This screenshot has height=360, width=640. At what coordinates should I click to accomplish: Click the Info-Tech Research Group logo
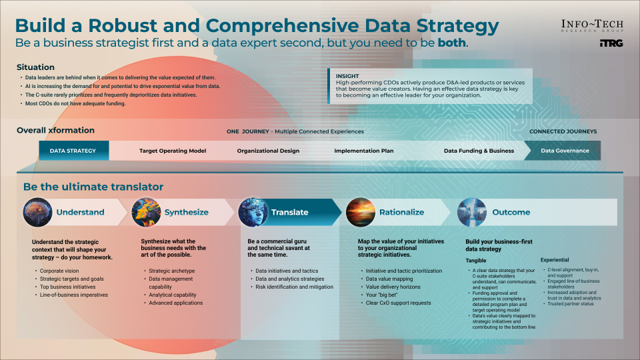(592, 26)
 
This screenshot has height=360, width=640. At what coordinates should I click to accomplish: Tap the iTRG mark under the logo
(611, 44)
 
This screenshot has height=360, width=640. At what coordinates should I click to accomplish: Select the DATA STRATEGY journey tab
(73, 151)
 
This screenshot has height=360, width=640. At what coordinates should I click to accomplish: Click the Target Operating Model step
(173, 151)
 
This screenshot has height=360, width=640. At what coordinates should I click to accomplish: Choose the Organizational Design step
(268, 151)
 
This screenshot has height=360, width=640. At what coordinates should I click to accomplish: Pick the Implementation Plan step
(363, 151)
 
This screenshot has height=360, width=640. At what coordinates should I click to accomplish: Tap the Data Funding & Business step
(479, 151)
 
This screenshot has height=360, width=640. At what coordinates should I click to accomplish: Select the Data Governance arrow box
(564, 151)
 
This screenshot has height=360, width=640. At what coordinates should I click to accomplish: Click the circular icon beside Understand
(37, 212)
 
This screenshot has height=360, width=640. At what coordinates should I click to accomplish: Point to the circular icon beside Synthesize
(145, 212)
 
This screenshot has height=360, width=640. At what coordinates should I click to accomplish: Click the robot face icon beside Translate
(253, 212)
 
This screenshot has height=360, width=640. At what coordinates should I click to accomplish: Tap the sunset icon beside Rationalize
(361, 212)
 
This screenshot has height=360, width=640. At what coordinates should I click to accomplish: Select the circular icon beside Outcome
(472, 212)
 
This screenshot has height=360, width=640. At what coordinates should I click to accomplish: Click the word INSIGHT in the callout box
(347, 76)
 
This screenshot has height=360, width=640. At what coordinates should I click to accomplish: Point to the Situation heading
(35, 67)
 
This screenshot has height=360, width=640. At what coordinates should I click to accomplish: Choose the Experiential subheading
(555, 260)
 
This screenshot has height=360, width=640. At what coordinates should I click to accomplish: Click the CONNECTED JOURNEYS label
(563, 131)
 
